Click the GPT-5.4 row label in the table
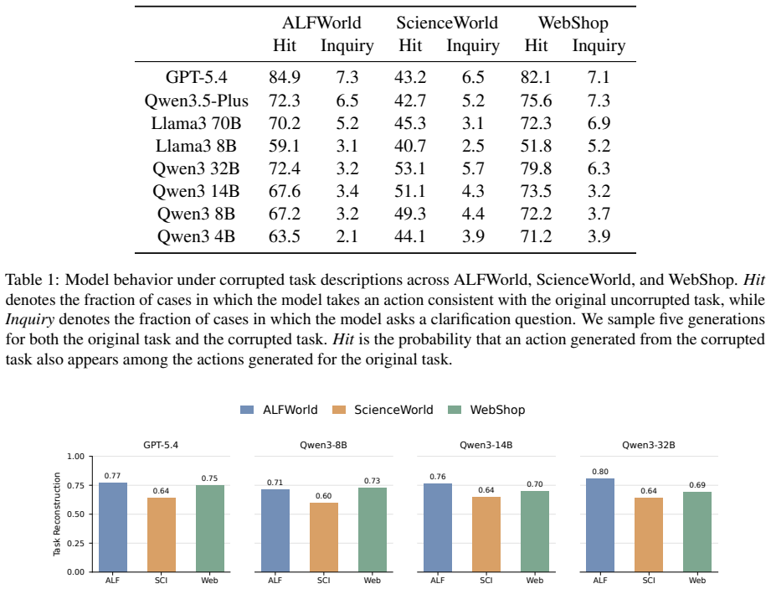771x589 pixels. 196,77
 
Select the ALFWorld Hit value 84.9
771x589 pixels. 285,77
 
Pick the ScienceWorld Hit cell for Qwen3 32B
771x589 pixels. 410,168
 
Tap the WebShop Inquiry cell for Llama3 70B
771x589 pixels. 599,123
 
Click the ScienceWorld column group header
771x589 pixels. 447,23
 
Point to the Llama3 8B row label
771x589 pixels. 196,146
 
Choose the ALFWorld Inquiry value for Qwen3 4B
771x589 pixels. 347,236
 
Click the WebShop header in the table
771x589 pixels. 573,23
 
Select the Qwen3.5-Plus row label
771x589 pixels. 196,101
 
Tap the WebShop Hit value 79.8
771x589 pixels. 536,168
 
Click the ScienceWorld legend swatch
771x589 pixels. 339,410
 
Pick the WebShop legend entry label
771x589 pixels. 497,410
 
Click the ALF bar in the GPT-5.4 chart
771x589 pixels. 113,527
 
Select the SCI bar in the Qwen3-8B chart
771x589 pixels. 323,537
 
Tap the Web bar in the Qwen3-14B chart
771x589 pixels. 534,531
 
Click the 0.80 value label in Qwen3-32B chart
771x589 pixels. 600,472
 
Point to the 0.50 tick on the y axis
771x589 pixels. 76,514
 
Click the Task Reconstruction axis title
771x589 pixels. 57,514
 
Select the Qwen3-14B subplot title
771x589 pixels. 486,446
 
